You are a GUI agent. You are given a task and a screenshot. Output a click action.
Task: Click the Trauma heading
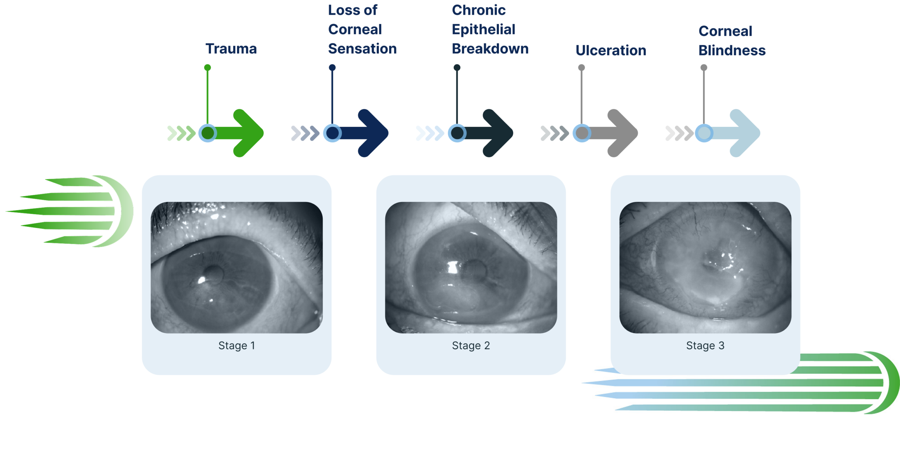pos(231,49)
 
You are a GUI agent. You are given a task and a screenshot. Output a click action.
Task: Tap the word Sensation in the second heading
pos(362,49)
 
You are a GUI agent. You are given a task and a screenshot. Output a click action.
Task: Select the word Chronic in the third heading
pos(478,10)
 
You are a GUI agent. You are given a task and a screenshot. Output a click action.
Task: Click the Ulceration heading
pos(611,51)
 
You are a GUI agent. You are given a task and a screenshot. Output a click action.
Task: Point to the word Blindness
pos(732,51)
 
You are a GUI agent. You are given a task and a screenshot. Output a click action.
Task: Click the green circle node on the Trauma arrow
pos(208,133)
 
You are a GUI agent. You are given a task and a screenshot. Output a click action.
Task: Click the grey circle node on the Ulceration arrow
pos(582,133)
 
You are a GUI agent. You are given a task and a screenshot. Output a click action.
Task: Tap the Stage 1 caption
pos(237,346)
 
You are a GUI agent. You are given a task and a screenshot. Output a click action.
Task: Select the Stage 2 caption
pos(471,346)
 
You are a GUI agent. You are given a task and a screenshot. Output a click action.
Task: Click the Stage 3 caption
pos(705,346)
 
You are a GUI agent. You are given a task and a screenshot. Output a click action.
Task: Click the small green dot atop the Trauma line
pos(208,67)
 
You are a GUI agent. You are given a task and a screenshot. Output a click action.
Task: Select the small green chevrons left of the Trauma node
pos(181,133)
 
